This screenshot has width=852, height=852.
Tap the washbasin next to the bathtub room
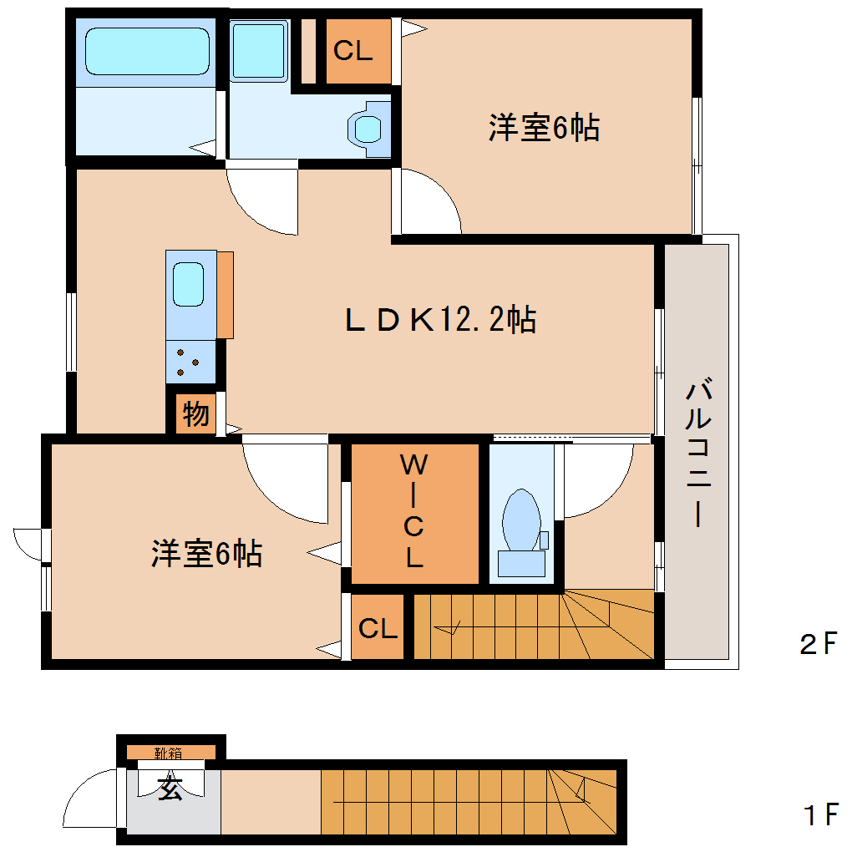[x=259, y=50]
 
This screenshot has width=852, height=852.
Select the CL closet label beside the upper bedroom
[x=352, y=51]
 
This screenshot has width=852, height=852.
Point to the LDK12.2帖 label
[x=440, y=320]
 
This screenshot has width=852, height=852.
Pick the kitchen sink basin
[x=188, y=284]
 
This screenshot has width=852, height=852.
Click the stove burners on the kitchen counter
[x=190, y=362]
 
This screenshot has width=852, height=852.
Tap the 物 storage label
[x=195, y=413]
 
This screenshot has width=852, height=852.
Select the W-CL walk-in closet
[x=414, y=511]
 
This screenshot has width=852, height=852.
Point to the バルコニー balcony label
[x=698, y=455]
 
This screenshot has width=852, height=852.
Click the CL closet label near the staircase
[x=378, y=629]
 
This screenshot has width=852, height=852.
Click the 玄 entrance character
[x=171, y=789]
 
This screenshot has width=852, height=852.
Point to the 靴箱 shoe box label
[x=170, y=753]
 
